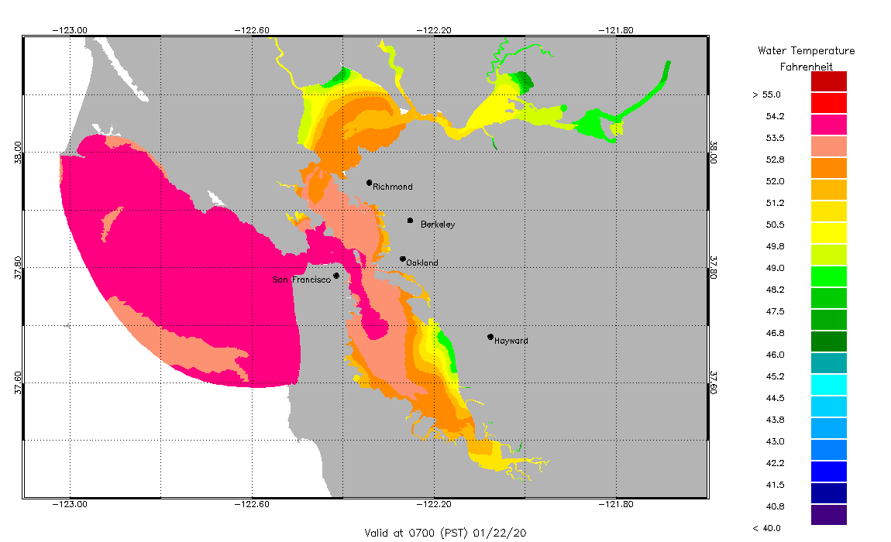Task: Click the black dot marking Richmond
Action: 370,183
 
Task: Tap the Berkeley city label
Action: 438,225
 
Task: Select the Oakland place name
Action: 422,263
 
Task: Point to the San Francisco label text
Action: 301,280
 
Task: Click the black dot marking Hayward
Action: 490,337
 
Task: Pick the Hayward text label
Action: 511,341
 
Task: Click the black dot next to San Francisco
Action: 336,276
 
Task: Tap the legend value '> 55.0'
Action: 767,94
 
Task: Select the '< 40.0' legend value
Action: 767,528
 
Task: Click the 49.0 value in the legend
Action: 775,268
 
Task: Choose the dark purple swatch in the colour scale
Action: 828,514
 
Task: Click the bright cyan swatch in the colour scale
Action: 828,384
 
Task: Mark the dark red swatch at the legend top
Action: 828,81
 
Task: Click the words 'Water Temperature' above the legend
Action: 806,51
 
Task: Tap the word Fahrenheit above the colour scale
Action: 806,67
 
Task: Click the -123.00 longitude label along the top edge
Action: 70,30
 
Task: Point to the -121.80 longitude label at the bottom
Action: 617,505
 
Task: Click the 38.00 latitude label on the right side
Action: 714,153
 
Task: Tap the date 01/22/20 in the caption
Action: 506,533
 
